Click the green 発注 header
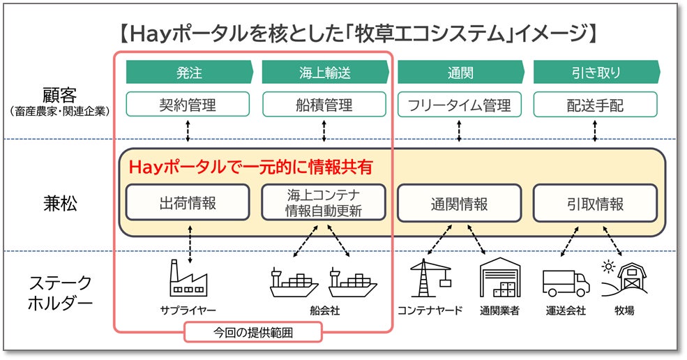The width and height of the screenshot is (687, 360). (x=189, y=73)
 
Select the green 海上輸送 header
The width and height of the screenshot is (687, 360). (x=324, y=73)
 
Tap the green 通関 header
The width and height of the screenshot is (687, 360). (x=460, y=73)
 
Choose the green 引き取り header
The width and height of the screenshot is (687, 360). (x=596, y=73)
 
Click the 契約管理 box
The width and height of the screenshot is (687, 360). (x=188, y=105)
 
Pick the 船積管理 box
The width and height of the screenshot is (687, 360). (x=324, y=105)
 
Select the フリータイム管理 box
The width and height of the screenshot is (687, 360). (x=459, y=105)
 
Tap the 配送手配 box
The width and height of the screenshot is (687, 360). (x=595, y=105)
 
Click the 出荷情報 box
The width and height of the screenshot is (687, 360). (x=188, y=202)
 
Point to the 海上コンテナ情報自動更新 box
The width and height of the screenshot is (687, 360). (x=324, y=202)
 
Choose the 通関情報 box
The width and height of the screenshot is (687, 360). (x=459, y=203)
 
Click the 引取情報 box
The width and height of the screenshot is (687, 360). (x=595, y=203)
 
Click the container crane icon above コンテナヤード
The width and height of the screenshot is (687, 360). (x=430, y=278)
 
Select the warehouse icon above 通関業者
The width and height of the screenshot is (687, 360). (x=500, y=278)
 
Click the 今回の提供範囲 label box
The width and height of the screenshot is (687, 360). (x=252, y=332)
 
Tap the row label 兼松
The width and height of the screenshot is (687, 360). (x=60, y=204)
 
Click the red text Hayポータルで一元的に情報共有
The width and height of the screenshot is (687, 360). (x=250, y=167)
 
